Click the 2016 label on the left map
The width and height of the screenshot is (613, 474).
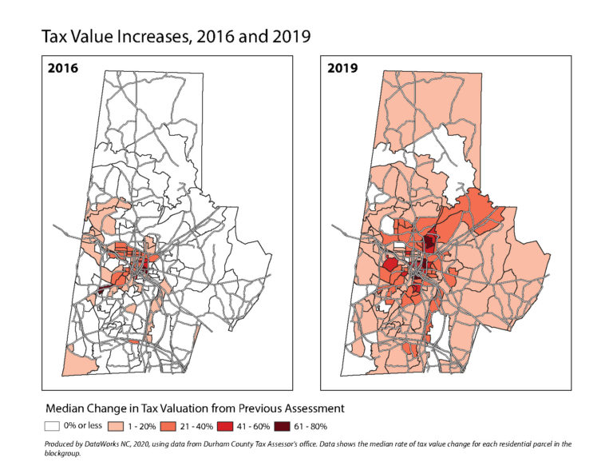(61, 69)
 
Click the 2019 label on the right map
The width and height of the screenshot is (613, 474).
(344, 69)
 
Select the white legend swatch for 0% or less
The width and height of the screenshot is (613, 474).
(53, 426)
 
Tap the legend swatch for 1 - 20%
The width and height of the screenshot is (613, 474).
(119, 426)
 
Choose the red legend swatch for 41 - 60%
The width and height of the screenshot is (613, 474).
(239, 426)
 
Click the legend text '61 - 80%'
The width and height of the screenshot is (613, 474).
(329, 426)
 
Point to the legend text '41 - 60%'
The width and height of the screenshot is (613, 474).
(267, 426)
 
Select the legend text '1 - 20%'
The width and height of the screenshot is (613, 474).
(146, 426)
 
